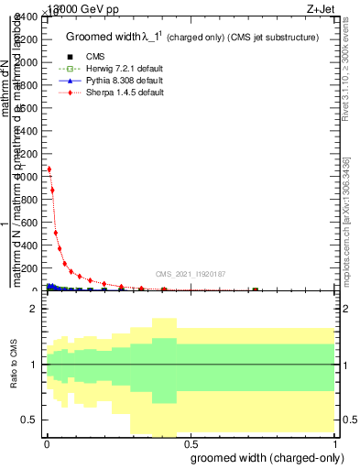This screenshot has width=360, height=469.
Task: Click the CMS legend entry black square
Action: (x=64, y=57)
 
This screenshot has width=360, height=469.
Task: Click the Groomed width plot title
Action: (x=192, y=37)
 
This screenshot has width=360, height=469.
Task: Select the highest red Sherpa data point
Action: (x=49, y=169)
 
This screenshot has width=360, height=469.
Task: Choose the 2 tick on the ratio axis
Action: (x=33, y=310)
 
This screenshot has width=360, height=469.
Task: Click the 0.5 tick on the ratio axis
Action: (x=29, y=420)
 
